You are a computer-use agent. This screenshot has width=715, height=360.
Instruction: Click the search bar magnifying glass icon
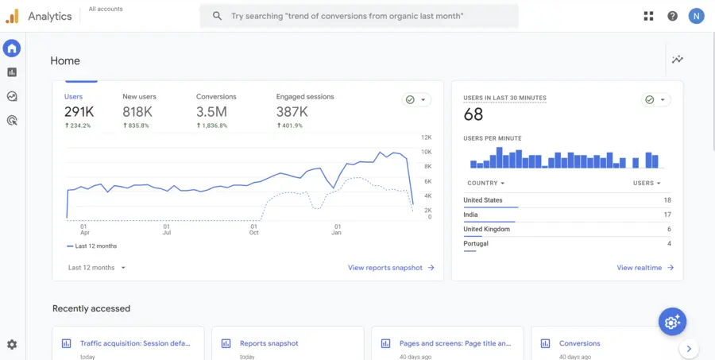217,16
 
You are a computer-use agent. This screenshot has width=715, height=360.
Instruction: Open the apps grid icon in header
649,16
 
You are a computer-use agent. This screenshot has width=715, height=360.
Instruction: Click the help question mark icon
672,16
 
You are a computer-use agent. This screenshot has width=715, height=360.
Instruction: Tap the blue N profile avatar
696,16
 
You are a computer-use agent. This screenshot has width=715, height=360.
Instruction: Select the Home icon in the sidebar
12,49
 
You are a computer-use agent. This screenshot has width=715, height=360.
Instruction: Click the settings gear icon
12,345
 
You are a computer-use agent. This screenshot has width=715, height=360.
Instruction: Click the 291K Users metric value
79,112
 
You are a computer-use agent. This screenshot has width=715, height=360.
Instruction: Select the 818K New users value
137,112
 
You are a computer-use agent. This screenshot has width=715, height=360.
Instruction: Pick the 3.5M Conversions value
211,112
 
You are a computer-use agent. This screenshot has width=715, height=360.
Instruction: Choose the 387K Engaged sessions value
292,112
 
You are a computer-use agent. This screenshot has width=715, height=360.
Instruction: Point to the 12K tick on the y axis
426,137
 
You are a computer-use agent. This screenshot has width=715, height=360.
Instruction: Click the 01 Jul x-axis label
167,229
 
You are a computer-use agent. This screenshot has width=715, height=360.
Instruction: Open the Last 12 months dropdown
97,268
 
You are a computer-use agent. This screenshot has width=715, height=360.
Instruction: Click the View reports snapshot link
391,268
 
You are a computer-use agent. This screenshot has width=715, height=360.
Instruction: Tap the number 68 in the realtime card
473,114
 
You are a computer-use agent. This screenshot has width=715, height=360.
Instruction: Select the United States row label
483,200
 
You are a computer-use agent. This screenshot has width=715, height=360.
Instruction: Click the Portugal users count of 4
669,244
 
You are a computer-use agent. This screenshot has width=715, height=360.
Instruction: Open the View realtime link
645,268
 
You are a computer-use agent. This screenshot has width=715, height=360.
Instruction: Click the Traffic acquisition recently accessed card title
135,343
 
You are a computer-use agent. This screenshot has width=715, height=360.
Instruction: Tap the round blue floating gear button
672,321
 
